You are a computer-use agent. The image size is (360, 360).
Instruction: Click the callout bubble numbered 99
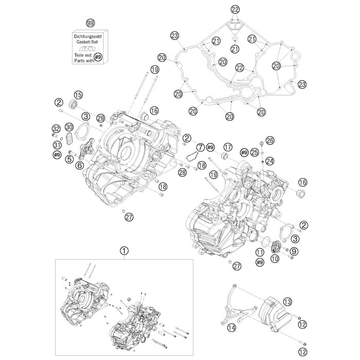pyautogui.click(x=91, y=24)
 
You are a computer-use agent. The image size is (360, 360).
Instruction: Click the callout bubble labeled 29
pyautogui.click(x=100, y=118)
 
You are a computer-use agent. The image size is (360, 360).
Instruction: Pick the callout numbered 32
pyautogui.click(x=56, y=129)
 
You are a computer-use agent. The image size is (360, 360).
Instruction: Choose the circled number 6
pyautogui.click(x=80, y=165)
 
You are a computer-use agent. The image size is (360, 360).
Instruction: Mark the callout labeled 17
pyautogui.click(x=228, y=146)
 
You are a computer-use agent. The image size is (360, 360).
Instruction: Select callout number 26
pyautogui.click(x=270, y=140)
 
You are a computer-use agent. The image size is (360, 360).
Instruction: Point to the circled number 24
pyautogui.click(x=269, y=161)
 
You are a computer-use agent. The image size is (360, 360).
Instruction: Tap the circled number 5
pyautogui.click(x=68, y=159)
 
